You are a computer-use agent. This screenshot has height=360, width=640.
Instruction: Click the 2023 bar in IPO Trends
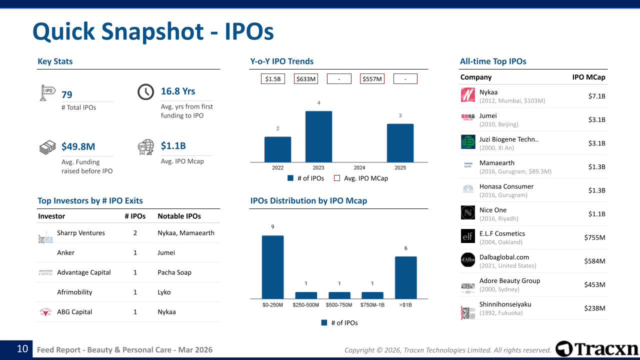[318, 136]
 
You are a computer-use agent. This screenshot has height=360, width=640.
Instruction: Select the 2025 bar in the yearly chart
[400, 143]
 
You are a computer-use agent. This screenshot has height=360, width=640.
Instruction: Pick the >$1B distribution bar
[405, 277]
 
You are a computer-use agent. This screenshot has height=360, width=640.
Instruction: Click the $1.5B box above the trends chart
[273, 79]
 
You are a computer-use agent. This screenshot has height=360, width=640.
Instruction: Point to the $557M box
[372, 79]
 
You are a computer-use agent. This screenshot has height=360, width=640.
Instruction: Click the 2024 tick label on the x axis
[359, 168]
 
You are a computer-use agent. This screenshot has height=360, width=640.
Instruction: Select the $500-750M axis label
[339, 305]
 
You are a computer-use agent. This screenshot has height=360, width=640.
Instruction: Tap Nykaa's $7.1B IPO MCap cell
[596, 96]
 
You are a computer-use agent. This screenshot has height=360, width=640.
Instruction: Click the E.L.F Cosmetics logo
[468, 236]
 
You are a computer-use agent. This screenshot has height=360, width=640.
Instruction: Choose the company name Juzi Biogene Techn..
[508, 139]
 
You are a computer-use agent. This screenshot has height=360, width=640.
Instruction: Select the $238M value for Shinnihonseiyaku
[594, 308]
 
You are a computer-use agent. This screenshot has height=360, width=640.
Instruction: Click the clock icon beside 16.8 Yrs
[145, 91]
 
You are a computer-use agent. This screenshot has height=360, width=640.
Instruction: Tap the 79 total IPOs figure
[67, 95]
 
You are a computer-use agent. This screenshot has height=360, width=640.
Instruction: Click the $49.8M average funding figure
[78, 146]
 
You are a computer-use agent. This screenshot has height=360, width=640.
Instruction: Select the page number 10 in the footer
[22, 349]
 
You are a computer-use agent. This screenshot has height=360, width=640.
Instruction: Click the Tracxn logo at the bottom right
[597, 349]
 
